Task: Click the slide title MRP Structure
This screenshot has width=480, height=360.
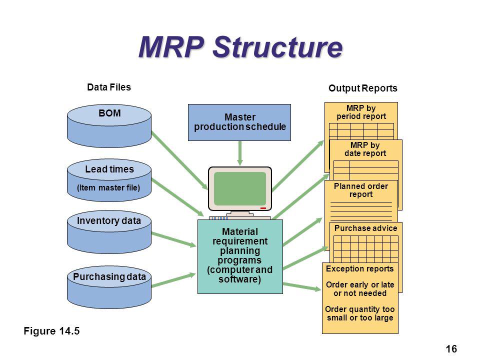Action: click(x=240, y=47)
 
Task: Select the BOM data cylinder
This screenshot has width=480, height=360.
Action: click(x=109, y=126)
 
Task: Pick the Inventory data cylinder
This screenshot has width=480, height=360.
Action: click(x=109, y=231)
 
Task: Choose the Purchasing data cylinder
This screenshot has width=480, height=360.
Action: click(x=109, y=287)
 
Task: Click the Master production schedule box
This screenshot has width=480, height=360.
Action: click(x=239, y=122)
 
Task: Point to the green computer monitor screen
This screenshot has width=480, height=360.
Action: click(x=240, y=188)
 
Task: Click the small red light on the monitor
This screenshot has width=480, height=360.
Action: click(x=263, y=208)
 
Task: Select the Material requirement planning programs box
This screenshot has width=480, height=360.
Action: click(x=240, y=256)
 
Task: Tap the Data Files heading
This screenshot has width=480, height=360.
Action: click(x=109, y=87)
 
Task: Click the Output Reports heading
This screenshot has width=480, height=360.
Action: click(x=363, y=88)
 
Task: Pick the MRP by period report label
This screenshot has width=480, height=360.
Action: click(x=361, y=112)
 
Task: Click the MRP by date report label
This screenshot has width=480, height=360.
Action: click(x=365, y=149)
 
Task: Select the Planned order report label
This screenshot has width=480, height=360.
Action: click(x=361, y=190)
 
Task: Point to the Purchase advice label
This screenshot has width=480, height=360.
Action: click(x=366, y=228)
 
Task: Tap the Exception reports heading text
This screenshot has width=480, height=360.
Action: click(x=359, y=269)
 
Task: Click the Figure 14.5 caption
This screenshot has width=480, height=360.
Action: click(x=51, y=331)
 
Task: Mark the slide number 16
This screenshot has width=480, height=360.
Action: click(x=451, y=349)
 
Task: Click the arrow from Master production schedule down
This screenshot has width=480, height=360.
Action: click(x=240, y=153)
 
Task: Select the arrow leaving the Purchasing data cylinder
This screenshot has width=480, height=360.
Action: click(x=173, y=280)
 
